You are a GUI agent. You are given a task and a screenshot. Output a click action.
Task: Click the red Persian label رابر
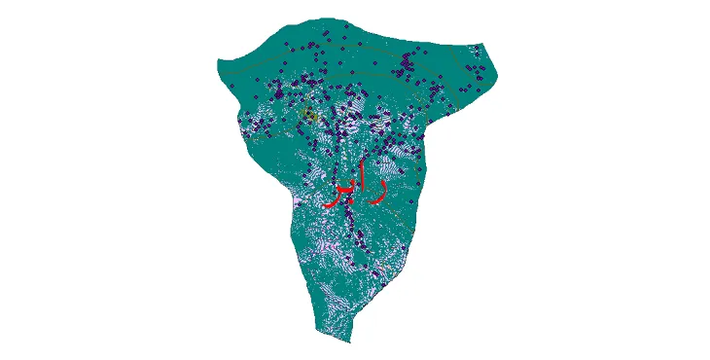356,185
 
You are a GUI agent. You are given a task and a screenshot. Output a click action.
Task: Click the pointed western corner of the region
216,65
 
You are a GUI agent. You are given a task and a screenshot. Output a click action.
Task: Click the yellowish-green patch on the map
309,115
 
